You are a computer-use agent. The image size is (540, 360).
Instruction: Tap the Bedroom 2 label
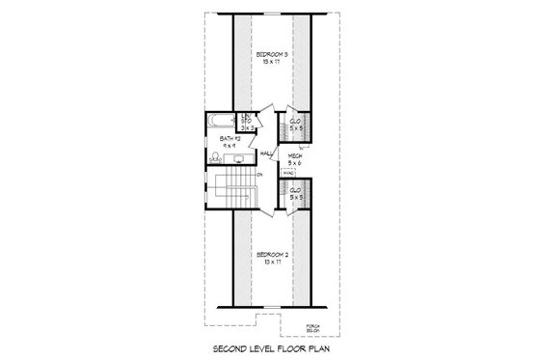(x=269, y=253)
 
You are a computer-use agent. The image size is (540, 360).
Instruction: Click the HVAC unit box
(x=288, y=174)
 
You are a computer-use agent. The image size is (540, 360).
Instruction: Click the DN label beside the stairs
(x=259, y=174)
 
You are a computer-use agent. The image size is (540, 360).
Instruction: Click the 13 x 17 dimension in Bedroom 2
(x=269, y=262)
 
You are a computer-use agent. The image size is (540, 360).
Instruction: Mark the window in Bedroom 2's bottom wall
(x=269, y=306)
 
